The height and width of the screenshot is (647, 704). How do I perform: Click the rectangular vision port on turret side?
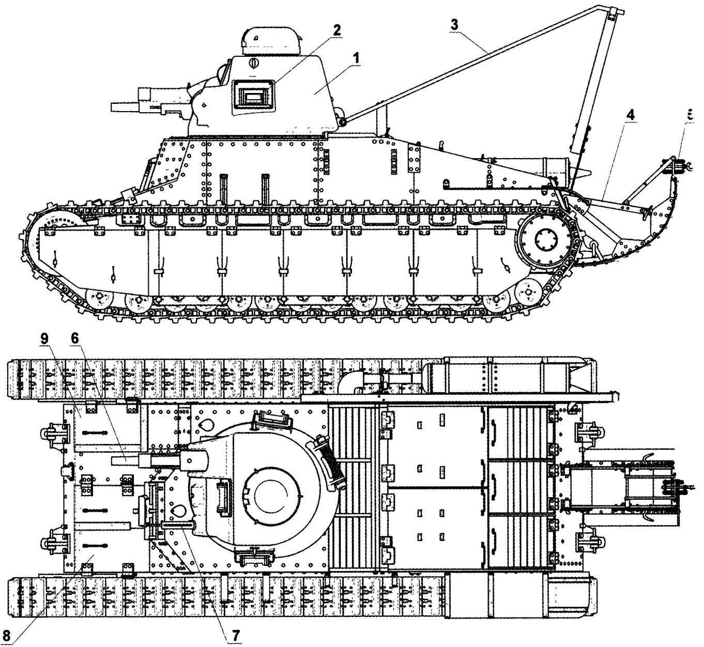point(253,96)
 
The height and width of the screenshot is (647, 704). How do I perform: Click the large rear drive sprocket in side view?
point(543,240)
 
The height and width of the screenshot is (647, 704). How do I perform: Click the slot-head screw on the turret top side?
point(254,64)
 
